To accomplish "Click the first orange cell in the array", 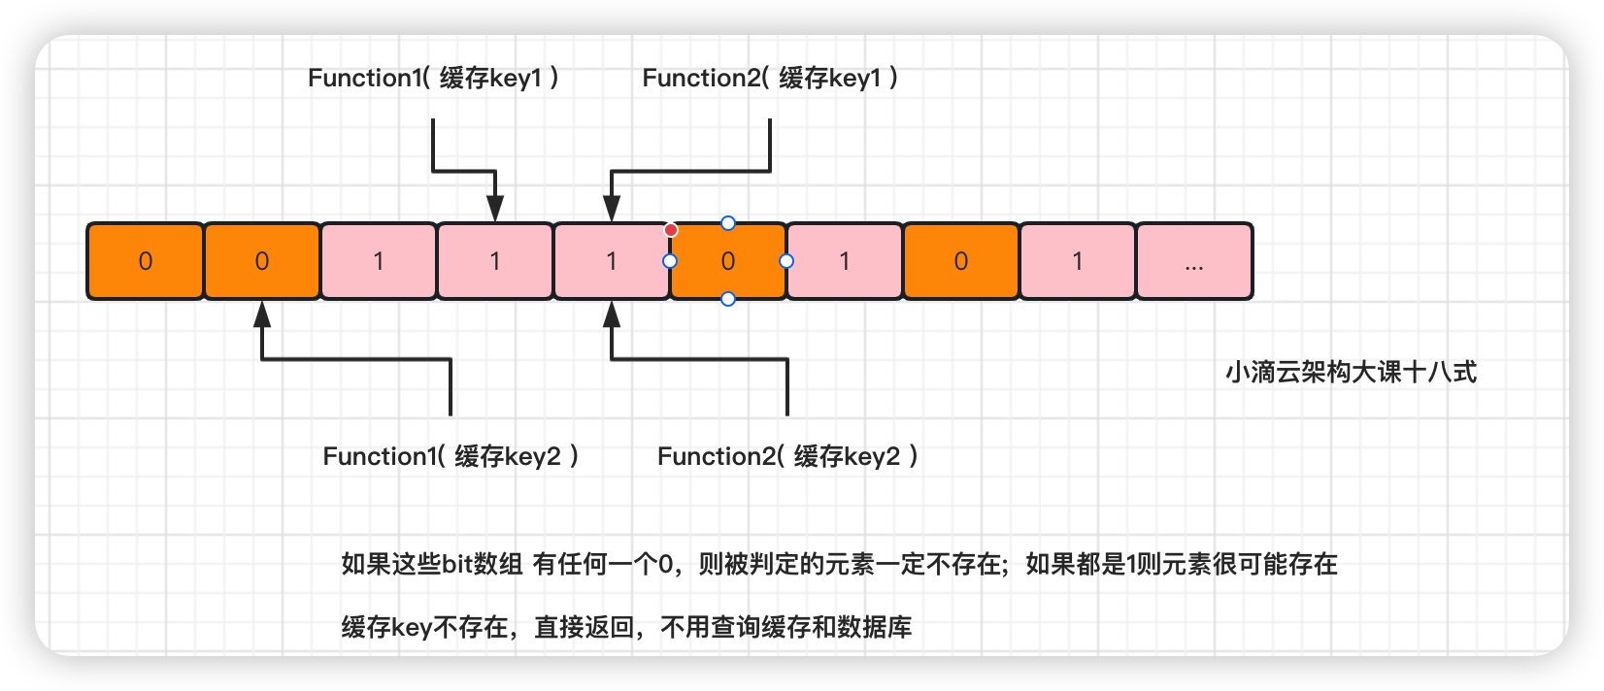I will point(146,261).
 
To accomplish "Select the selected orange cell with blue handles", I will point(728,261).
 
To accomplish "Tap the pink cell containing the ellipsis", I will point(1194,261).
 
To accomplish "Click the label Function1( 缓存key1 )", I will point(433,79).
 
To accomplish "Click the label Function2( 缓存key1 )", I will point(770,79).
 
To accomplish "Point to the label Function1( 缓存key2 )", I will point(451,456).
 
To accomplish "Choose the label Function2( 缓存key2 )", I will point(787,456).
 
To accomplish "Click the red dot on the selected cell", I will point(671,230).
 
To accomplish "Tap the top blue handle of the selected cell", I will point(728,223).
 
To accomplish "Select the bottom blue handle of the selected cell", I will point(728,299).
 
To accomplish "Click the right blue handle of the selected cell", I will point(786,261).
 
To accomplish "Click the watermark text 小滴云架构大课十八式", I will point(1351,373).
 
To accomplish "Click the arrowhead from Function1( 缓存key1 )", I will point(495,208).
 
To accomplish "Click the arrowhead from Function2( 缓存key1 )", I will point(612,208).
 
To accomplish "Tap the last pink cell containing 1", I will point(1078,261).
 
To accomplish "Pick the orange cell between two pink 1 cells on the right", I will point(961,261).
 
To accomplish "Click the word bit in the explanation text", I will point(456,564).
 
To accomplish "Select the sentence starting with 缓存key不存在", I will point(626,627).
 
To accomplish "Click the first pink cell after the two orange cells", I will point(379,261).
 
